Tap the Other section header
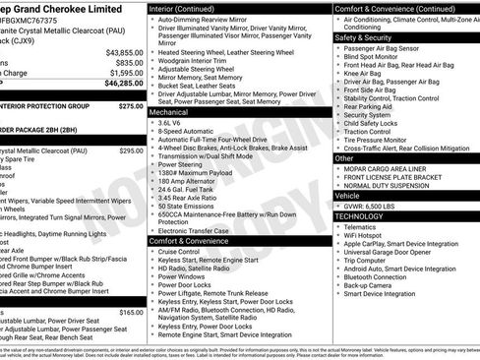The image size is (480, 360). (344, 157)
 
